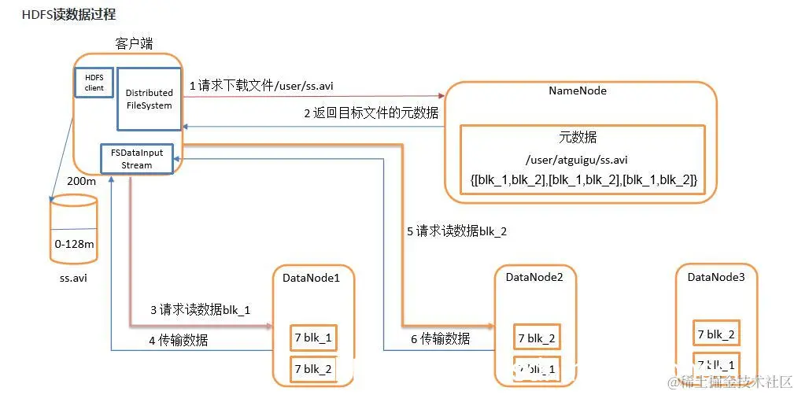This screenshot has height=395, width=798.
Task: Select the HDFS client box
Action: tap(94, 82)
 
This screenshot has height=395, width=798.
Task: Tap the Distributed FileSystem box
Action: tap(149, 99)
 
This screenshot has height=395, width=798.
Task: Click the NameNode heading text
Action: tap(577, 90)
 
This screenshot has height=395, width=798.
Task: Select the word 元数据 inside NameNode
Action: tap(578, 136)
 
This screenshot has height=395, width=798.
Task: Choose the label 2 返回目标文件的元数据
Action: tap(371, 113)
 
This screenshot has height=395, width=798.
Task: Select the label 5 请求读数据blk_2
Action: tap(456, 231)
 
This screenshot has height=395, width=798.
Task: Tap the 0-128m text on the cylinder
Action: tap(75, 245)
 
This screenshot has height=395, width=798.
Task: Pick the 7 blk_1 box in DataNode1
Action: tap(313, 338)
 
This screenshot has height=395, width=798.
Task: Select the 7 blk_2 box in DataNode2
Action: tap(538, 338)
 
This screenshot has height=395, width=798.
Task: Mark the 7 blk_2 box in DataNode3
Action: tap(716, 334)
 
